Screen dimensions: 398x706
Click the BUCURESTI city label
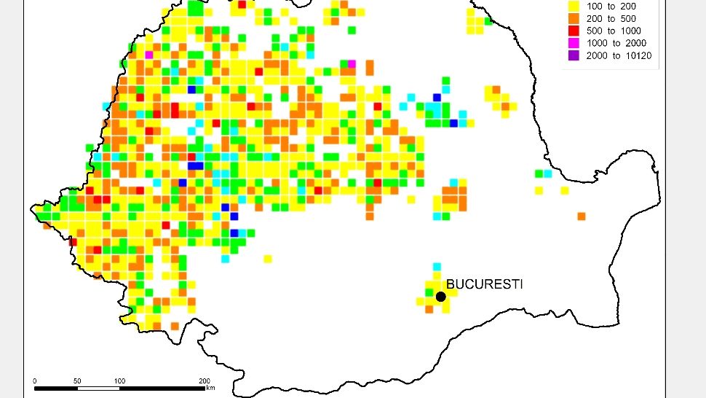pos(484,284)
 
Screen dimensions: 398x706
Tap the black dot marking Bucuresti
pos(440,296)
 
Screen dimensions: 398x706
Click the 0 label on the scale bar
pos(35,381)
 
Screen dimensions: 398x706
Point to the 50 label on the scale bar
pos(77,381)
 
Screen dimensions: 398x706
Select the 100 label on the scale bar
pos(119,381)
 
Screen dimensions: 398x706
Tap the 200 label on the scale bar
pos(205,381)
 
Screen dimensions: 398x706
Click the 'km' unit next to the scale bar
pos(210,388)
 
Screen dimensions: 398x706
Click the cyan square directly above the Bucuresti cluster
pos(437,267)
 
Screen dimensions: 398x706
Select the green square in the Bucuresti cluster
pos(429,292)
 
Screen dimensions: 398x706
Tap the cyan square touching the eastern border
pos(547,173)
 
